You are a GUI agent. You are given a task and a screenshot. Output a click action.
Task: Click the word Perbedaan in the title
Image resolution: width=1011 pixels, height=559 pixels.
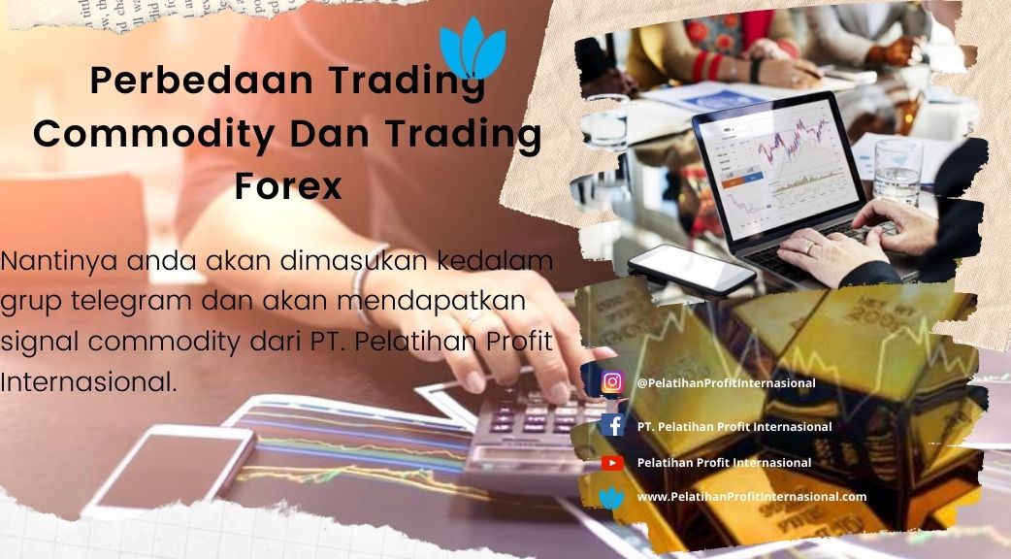pos(201,80)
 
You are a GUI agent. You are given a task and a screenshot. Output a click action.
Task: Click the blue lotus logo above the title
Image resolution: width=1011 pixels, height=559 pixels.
pos(473,49)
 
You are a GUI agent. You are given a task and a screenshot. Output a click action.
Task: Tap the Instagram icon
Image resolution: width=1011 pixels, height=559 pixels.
pos(612,382)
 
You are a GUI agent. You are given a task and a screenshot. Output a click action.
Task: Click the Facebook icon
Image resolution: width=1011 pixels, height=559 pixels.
pos(612,425)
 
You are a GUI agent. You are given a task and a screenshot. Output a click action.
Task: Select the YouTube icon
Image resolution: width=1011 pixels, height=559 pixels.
pos(612,462)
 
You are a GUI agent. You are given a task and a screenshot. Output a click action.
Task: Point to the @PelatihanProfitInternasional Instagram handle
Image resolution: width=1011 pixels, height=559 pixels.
pos(726,383)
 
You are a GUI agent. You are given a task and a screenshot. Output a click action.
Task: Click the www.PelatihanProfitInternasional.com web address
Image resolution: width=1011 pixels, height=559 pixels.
pos(752,497)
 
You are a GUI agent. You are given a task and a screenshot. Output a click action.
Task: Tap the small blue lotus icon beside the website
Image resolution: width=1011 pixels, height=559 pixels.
pos(612,498)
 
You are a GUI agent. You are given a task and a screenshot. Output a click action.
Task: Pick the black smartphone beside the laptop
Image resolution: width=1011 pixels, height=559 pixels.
pos(692,270)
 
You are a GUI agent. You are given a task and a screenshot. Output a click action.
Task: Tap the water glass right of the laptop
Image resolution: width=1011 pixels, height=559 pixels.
pos(897,172)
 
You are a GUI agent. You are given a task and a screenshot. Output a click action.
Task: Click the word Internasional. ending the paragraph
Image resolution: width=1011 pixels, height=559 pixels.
pos(88,381)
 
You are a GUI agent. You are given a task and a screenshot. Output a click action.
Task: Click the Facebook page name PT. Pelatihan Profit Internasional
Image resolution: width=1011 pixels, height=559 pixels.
pos(734,427)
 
